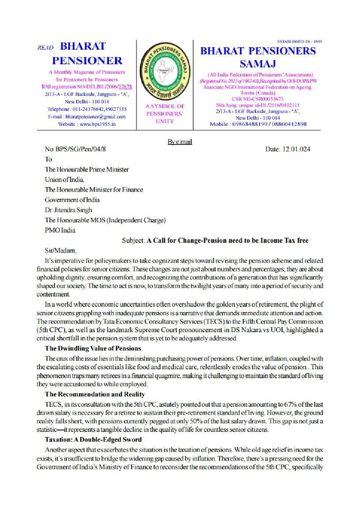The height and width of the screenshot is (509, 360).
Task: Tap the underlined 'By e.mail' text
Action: (180, 141)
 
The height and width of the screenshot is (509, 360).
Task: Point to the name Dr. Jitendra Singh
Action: (68, 210)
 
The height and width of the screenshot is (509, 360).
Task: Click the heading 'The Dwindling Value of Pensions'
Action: (93, 348)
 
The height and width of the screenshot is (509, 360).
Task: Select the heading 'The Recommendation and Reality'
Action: (95, 394)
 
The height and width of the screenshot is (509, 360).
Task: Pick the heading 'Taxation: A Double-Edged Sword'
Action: (93, 439)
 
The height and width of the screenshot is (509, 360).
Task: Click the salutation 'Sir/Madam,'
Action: (61, 251)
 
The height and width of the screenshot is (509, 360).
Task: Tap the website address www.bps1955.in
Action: (98, 124)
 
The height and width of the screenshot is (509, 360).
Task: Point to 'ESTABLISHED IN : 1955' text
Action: (299, 41)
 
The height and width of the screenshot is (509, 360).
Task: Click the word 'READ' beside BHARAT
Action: (46, 48)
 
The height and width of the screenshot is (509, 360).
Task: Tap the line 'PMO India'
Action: (60, 230)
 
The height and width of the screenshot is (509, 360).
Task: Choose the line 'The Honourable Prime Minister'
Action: (87, 169)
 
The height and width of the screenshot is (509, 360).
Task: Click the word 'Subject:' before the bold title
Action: (134, 240)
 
